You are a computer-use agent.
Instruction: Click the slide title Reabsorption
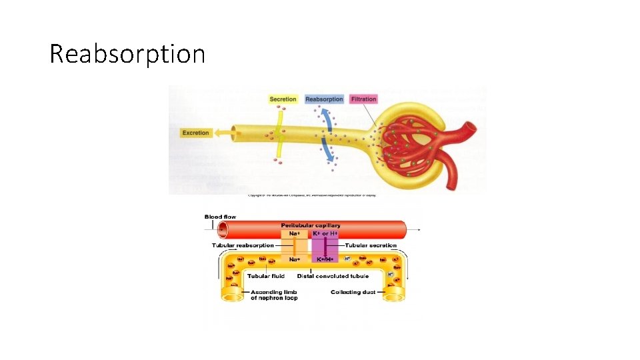(127, 53)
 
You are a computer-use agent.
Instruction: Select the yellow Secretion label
(283, 99)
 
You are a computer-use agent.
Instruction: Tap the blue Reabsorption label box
(324, 99)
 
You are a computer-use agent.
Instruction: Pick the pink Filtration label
(363, 99)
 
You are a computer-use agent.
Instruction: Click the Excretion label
(195, 133)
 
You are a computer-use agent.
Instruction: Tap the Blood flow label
(220, 217)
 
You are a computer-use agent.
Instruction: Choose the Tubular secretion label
(371, 245)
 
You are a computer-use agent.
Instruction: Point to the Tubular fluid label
(266, 275)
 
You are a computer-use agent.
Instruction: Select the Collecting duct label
(353, 292)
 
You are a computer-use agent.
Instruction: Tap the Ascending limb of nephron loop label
(274, 295)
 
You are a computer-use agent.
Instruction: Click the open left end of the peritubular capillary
(223, 230)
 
